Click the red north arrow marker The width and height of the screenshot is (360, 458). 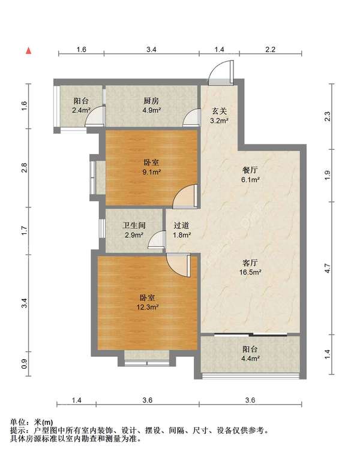pyautogui.click(x=28, y=51)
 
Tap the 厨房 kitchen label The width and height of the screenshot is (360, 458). pyautogui.click(x=151, y=101)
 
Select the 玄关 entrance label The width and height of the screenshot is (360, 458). pyautogui.click(x=219, y=111)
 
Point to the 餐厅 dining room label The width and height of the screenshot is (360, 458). pyautogui.click(x=250, y=170)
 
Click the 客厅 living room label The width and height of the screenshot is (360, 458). pyautogui.click(x=250, y=263)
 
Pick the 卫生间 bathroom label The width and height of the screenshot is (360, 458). pyautogui.click(x=134, y=225)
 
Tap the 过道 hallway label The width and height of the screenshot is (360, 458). pyautogui.click(x=181, y=225)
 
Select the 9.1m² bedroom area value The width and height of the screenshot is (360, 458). pyautogui.click(x=151, y=171)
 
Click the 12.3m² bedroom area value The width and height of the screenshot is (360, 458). pyautogui.click(x=148, y=307)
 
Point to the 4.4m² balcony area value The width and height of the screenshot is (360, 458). pyautogui.click(x=250, y=358)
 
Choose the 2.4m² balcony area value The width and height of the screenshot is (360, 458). pyautogui.click(x=81, y=110)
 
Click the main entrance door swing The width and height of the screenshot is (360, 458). pyautogui.click(x=221, y=73)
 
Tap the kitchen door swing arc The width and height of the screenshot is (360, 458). pyautogui.click(x=191, y=117)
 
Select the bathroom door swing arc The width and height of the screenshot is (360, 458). pyautogui.click(x=157, y=239)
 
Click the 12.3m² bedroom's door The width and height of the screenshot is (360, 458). pyautogui.click(x=178, y=265)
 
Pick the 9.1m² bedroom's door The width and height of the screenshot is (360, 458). pyautogui.click(x=185, y=196)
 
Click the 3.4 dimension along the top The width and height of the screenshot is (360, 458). pyautogui.click(x=151, y=49)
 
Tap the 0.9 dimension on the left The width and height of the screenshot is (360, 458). pyautogui.click(x=24, y=363)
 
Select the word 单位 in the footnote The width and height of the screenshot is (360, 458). pyautogui.click(x=17, y=422)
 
